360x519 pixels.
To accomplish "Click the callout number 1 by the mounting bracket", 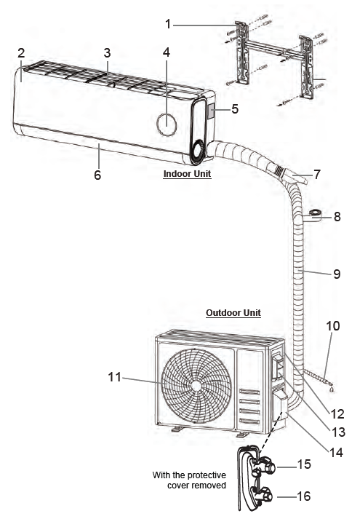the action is point(168,24).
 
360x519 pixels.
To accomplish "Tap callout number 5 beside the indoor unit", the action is point(235,108).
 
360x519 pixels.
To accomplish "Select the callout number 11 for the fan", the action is point(115,376).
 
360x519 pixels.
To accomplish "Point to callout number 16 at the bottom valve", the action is point(303,496).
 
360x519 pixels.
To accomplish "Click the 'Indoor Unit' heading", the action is point(187,174).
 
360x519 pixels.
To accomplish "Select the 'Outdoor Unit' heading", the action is point(233,313).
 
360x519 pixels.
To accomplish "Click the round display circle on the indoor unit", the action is point(167,124).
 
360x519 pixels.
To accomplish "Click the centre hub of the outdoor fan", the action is point(196,386).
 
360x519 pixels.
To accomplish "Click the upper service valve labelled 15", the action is point(265,466).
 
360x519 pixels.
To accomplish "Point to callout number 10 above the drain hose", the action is point(333,325).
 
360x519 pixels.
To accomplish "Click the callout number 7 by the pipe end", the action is point(317,174).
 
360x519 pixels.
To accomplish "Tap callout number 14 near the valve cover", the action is point(336,453).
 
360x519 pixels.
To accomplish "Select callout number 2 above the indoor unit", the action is point(21,53).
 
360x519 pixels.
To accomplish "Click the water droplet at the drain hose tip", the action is point(332,389).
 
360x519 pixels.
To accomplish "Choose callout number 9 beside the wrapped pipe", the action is point(337,274).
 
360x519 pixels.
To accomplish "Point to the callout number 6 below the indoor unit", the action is point(97,175).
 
